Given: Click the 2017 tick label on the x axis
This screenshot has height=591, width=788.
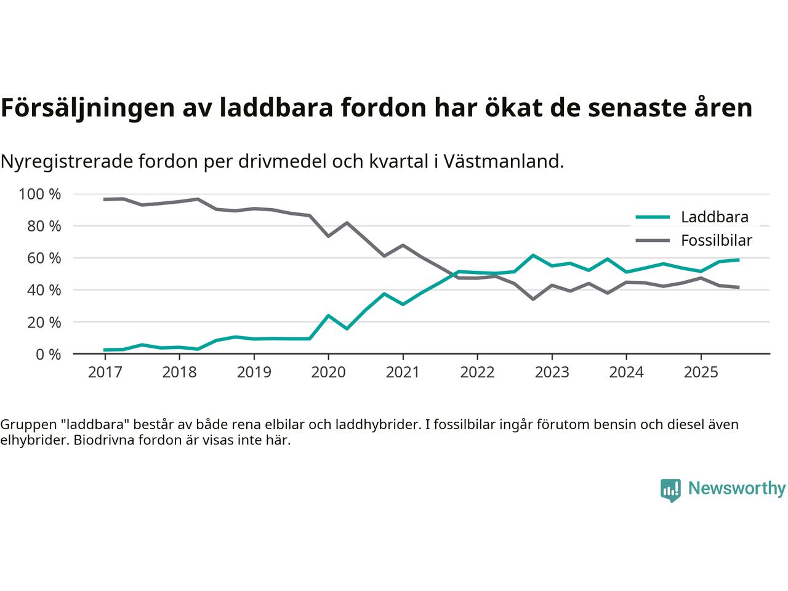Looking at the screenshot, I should tap(105, 372).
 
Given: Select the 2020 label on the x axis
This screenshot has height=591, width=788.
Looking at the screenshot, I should tap(328, 372).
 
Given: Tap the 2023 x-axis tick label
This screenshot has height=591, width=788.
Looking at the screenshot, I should tap(552, 372).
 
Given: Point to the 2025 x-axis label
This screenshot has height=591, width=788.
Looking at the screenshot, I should tap(701, 372).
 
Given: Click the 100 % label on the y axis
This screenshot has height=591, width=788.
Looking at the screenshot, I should tap(40, 195).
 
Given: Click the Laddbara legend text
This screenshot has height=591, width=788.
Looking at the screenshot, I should tap(714, 217).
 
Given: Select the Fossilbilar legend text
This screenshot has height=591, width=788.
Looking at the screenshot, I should tap(716, 241).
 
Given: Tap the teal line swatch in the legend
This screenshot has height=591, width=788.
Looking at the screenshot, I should tap(652, 217).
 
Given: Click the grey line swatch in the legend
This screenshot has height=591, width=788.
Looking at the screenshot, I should tap(652, 241).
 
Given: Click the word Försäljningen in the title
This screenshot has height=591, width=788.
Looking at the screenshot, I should tap(87, 108).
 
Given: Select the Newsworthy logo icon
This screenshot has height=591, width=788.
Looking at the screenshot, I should tap(670, 490).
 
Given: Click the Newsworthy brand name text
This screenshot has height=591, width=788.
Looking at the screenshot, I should tap(736, 489).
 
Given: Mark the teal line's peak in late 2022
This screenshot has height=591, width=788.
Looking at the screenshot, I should tap(533, 255).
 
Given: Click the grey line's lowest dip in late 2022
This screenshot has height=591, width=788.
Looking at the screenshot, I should tap(533, 299).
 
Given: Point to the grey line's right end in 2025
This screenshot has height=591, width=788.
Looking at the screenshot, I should tap(738, 287).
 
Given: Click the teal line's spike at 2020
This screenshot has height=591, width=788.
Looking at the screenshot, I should tap(328, 316).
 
